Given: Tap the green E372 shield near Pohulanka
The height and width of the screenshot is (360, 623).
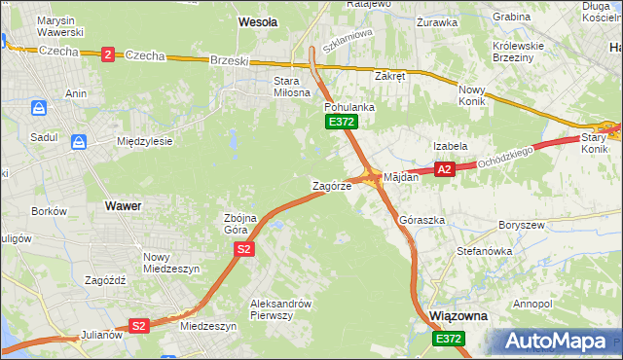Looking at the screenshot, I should [x=342, y=122].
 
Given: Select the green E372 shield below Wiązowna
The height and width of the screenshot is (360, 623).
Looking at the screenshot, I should [x=449, y=339].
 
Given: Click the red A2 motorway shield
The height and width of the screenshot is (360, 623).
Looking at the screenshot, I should [x=445, y=169].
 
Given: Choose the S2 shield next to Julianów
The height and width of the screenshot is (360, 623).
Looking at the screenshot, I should [x=139, y=326].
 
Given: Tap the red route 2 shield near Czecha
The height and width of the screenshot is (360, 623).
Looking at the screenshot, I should [x=106, y=54].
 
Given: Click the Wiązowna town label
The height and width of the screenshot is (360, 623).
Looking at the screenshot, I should [x=458, y=316].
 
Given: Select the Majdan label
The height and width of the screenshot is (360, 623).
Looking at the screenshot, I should [x=401, y=178].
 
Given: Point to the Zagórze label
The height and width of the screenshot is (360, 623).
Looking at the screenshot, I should [x=331, y=185].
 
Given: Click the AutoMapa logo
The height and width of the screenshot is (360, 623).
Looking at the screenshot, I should [x=559, y=341].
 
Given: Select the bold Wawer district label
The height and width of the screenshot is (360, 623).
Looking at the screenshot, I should [x=122, y=206].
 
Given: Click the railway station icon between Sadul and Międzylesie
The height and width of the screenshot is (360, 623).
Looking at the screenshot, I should [x=78, y=141].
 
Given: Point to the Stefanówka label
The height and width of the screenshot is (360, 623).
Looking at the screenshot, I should [x=484, y=251].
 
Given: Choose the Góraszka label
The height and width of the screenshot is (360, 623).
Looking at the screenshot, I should [x=421, y=220].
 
